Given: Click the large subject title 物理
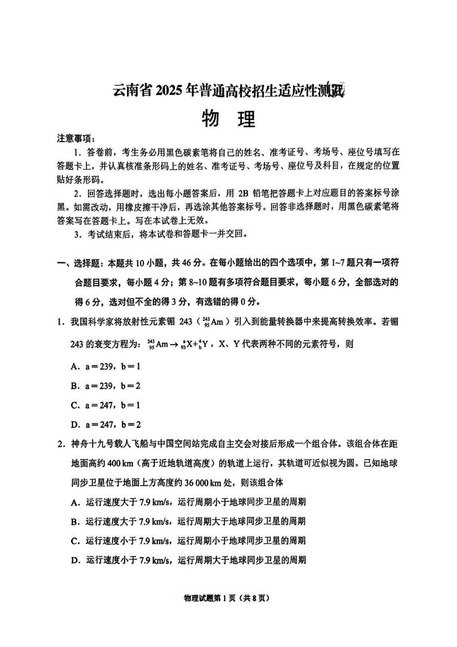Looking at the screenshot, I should pyautogui.click(x=228, y=119).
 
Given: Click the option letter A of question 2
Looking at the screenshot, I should pyautogui.click(x=76, y=502).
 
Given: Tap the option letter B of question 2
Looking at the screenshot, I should pyautogui.click(x=76, y=521).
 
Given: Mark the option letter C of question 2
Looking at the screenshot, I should pyautogui.click(x=76, y=541).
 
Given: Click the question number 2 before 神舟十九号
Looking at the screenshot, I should pyautogui.click(x=60, y=444).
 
